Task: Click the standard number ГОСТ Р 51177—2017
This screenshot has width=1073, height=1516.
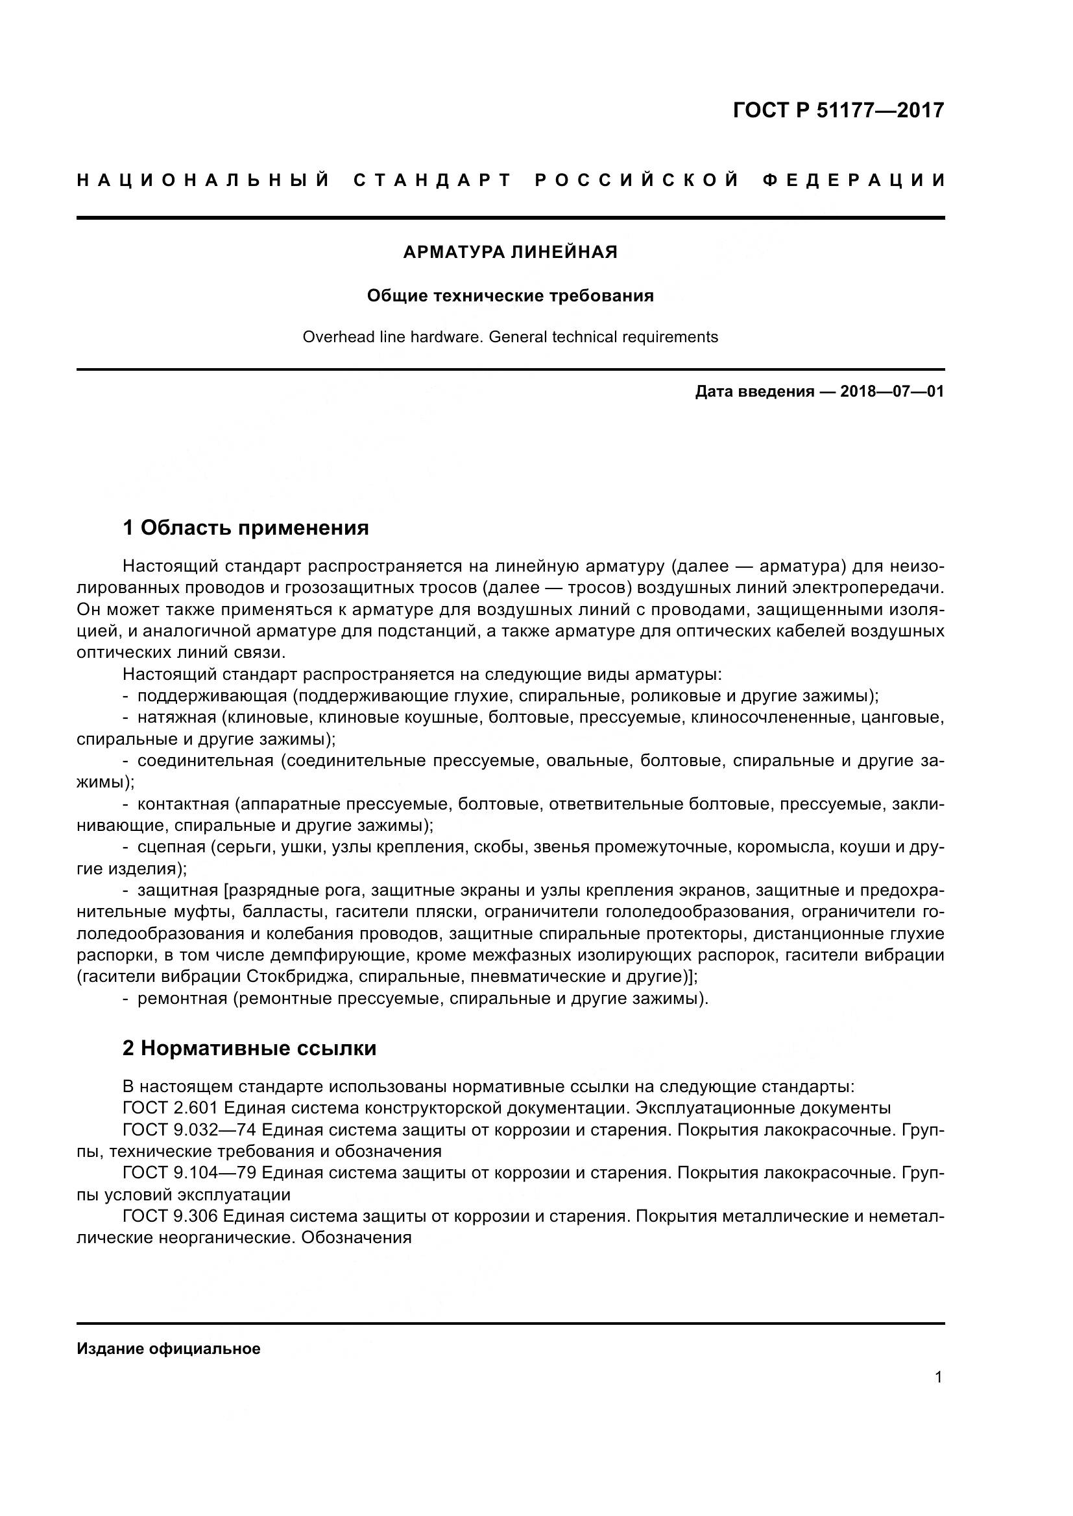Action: coord(838,110)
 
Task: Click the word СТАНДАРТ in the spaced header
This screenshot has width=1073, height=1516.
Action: coord(433,180)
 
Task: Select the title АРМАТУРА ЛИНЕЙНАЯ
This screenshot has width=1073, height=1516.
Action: coord(510,252)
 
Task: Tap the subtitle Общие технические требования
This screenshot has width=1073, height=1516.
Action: coord(510,296)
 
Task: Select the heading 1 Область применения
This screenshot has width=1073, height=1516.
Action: coord(245,528)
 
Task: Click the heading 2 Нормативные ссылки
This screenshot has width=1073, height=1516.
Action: coord(249,1048)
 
